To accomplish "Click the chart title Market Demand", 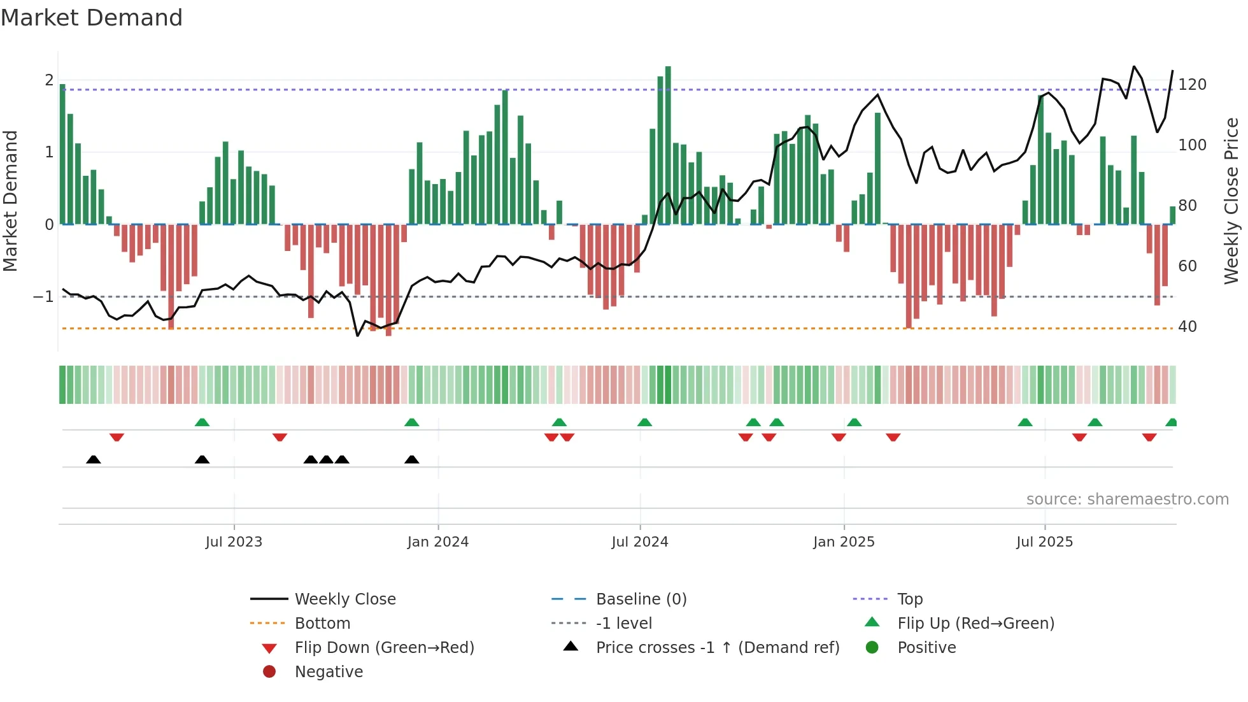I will (x=92, y=17).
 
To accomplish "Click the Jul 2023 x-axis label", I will (x=234, y=542).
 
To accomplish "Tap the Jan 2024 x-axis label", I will (x=438, y=542).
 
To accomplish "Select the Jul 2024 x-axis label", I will (x=640, y=542).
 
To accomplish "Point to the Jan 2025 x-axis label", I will (x=844, y=542).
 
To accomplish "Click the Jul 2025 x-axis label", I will (x=1044, y=542).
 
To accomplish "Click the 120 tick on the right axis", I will (x=1192, y=85).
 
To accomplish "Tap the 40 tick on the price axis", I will (x=1187, y=327).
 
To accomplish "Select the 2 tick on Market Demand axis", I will (x=49, y=80).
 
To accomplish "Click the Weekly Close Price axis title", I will (x=1231, y=201).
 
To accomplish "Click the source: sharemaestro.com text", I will (x=1127, y=499).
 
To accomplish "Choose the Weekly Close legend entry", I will (x=344, y=599).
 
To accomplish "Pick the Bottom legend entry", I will (x=322, y=624).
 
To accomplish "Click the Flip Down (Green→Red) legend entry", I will (x=384, y=648).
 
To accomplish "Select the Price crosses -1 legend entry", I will (x=717, y=648).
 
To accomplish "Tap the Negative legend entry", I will (x=329, y=672).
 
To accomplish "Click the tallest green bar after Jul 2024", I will (x=668, y=145).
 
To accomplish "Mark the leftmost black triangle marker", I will (x=94, y=459).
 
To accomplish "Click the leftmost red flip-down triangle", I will (x=117, y=437).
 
